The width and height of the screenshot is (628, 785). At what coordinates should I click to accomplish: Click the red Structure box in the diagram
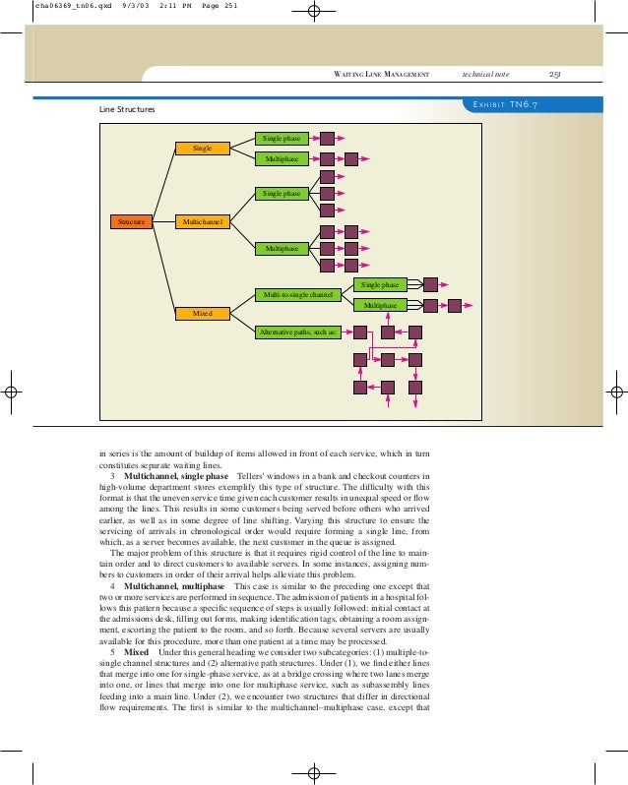tap(131, 222)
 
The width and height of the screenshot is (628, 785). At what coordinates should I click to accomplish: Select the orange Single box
tap(202, 149)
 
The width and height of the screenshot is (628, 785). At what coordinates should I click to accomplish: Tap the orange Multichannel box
tap(202, 222)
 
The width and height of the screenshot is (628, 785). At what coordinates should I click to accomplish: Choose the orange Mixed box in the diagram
tap(202, 313)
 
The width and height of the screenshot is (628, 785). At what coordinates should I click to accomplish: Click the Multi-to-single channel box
tap(297, 294)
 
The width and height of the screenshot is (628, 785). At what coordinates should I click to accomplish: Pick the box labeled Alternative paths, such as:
tap(297, 332)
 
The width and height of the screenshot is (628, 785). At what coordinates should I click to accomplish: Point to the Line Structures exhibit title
tap(127, 109)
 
